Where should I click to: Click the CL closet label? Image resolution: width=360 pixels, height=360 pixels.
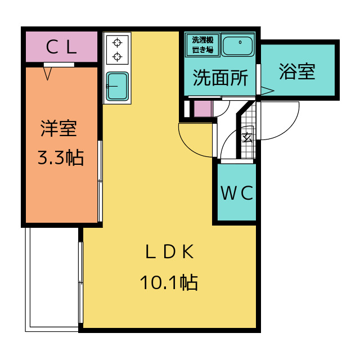pos(61,47)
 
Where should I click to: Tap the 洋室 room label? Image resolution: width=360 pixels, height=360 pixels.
pos(58,128)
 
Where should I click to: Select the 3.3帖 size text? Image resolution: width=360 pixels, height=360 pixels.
pos(61,157)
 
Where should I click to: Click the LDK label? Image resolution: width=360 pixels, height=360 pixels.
pos(170,252)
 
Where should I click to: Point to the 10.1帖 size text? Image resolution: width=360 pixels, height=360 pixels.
pos(169,282)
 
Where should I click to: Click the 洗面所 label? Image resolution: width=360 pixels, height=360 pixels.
pos(220,78)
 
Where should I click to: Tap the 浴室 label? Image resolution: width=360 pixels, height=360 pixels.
pos(297,71)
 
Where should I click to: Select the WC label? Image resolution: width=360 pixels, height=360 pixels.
pos(237,193)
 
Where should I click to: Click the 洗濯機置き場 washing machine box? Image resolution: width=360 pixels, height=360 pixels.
pos(202,45)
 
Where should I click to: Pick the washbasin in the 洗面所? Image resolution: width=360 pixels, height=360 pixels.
pos(238,46)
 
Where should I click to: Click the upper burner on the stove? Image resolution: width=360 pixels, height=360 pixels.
pos(118,43)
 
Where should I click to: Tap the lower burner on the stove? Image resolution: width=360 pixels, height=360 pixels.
pos(118,56)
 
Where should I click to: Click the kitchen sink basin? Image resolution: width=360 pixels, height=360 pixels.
pos(118,86)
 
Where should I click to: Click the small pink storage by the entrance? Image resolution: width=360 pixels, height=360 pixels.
pos(202,109)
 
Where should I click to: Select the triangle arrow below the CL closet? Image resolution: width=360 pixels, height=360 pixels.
pos(48,74)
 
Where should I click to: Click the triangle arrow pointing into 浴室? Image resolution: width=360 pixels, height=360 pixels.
pos(267,91)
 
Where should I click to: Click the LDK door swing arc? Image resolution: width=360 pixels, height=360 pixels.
pos(188,147)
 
